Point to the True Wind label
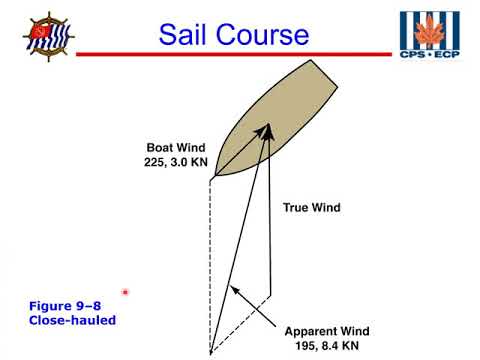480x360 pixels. (311, 208)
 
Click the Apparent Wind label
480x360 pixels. (327, 331)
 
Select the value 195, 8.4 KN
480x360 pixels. (327, 346)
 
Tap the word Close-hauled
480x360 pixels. (73, 320)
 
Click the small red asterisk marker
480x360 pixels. (126, 292)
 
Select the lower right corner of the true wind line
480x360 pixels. (272, 294)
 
